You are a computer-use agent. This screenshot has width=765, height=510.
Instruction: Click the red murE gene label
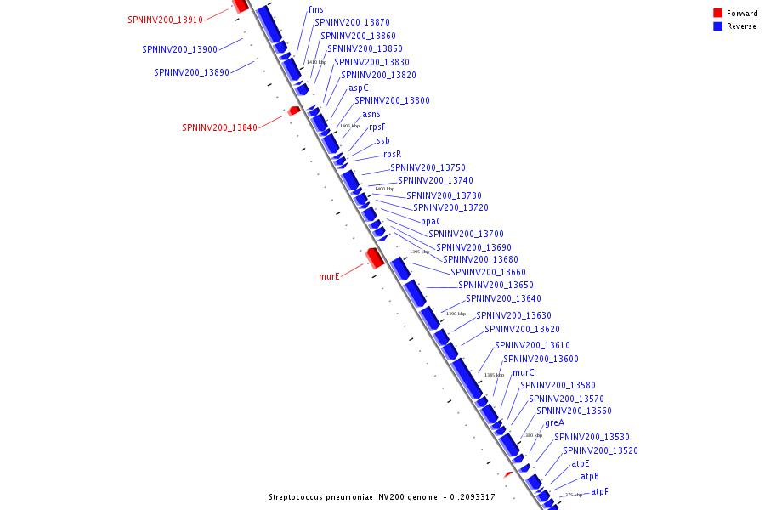[x=329, y=276]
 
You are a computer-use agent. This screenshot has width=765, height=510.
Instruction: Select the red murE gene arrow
[x=374, y=257]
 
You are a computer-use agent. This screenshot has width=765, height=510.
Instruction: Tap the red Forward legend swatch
[x=718, y=13]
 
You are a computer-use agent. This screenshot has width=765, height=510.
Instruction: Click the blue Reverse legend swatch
[x=718, y=26]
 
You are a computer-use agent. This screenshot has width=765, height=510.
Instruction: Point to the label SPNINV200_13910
[x=166, y=20]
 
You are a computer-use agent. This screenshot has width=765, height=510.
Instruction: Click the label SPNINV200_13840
[x=219, y=128]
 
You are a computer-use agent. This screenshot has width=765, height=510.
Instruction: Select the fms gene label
[x=316, y=10]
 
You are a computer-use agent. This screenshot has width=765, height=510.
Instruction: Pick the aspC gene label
[x=359, y=88]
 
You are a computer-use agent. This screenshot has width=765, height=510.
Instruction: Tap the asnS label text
[x=371, y=114]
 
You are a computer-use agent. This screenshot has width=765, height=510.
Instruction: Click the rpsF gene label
[x=377, y=127]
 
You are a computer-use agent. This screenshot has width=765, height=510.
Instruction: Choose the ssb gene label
[x=383, y=140]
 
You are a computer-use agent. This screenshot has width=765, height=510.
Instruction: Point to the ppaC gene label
[x=431, y=221]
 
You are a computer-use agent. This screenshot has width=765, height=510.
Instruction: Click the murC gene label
[x=524, y=372]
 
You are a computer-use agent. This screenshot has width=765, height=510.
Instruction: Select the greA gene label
[x=554, y=422]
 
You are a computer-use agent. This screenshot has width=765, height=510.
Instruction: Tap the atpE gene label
[x=581, y=464]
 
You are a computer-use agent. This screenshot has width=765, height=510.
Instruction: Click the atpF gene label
[x=600, y=491]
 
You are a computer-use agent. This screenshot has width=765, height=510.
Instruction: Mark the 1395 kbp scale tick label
[x=419, y=252]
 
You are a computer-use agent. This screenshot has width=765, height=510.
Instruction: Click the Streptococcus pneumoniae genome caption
[x=382, y=497]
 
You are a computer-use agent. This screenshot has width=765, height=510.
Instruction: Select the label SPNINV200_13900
[x=180, y=49]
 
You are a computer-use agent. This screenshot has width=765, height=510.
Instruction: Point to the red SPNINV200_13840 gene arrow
[x=294, y=111]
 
